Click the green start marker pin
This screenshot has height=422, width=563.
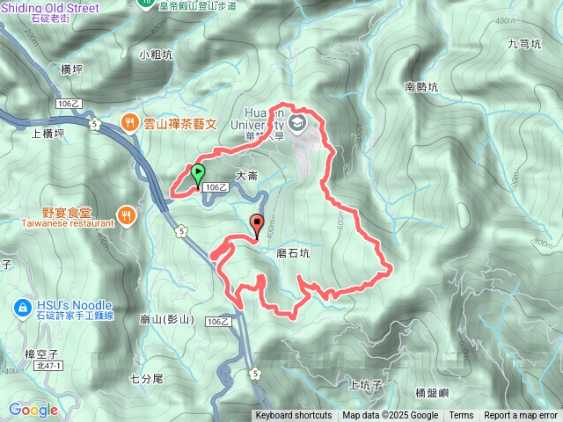click(x=199, y=173)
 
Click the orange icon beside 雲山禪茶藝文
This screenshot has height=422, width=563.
click(x=128, y=124)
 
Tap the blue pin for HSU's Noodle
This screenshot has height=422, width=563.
click(x=22, y=308)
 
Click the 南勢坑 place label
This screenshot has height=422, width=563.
click(x=420, y=86)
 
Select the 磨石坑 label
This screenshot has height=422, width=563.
click(x=293, y=252)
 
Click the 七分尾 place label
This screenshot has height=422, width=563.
click(x=146, y=380)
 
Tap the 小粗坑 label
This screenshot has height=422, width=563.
click(x=155, y=54)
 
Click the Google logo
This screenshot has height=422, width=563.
click(x=33, y=410)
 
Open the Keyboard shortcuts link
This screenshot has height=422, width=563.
click(x=294, y=416)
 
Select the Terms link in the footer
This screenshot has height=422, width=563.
click(x=461, y=416)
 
